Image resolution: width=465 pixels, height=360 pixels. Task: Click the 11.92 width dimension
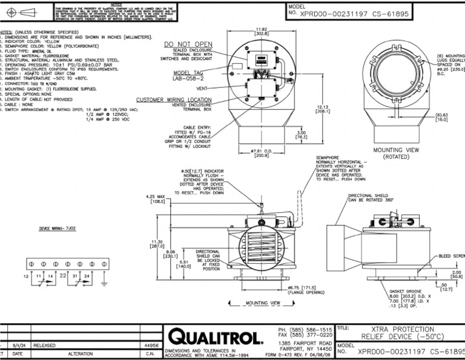point(262,32)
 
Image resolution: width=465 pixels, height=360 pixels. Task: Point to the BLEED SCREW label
point(450,256)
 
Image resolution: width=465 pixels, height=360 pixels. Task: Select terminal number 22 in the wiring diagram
point(63,276)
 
